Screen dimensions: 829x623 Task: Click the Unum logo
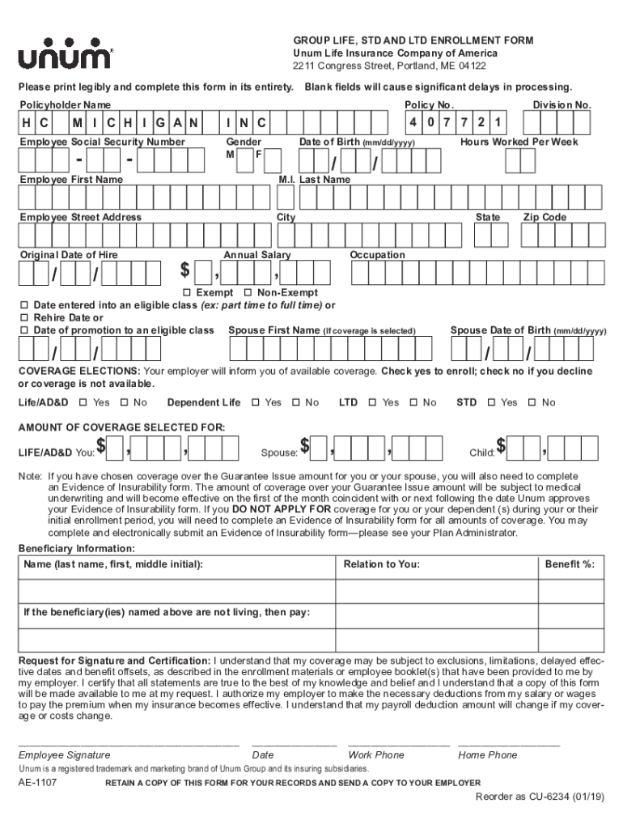pos(66,53)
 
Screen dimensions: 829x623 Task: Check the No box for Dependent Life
pos(296,402)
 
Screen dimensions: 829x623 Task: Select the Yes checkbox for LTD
pos(372,402)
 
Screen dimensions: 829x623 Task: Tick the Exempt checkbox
pos(187,292)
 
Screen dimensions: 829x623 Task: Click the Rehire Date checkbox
pos(24,317)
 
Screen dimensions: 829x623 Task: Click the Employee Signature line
pos(129,742)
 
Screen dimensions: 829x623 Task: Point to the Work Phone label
pos(376,755)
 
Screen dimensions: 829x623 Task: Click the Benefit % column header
pos(574,564)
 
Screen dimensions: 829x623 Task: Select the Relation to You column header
pos(381,564)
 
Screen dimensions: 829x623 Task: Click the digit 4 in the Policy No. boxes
pos(413,123)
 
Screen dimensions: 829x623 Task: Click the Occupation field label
pos(377,255)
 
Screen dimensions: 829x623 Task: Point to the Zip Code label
pos(544,217)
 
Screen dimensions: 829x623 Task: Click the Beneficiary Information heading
pos(77,548)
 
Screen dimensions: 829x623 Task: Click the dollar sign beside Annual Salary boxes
pos(185,270)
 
